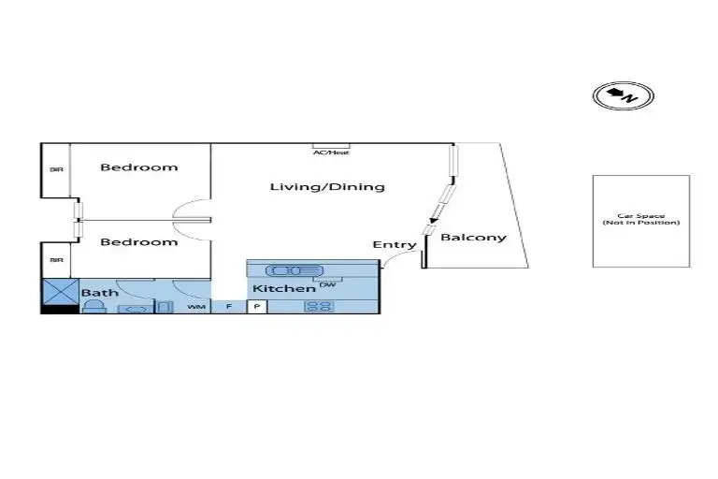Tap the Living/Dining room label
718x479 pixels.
coord(327,186)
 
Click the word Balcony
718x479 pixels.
coord(473,237)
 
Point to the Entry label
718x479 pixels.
coord(395,245)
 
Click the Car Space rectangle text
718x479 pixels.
coord(641,219)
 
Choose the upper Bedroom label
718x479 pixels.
coord(139,167)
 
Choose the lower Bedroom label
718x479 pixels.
coord(139,242)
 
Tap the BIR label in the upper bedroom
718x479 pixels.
coord(56,169)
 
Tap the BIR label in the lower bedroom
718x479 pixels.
coord(56,259)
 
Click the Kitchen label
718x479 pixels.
coord(284,288)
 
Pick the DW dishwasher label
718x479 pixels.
coord(327,284)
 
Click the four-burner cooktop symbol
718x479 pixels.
coord(319,306)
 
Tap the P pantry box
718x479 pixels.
coord(257,306)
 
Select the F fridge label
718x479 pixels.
coord(228,306)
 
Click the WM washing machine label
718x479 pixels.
coord(196,306)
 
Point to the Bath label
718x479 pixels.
coord(100,293)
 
